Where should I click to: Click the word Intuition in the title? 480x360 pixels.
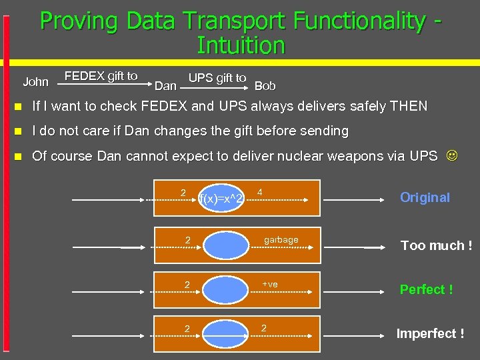coord(241,46)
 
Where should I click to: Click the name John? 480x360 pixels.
coord(35,82)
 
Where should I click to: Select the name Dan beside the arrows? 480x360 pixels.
coord(165,85)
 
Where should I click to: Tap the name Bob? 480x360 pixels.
coord(265,85)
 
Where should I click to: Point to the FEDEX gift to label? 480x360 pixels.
coord(101,76)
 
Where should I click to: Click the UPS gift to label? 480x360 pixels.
coord(217,78)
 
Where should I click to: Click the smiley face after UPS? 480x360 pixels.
coord(452,156)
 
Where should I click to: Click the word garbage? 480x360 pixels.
coord(281,240)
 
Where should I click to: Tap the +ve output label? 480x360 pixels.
coord(270,285)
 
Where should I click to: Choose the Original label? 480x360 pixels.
coord(425,197)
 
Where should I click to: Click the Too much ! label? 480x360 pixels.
coord(436,245)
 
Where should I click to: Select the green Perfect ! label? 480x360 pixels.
coord(426,289)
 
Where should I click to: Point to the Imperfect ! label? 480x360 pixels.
coord(430,333)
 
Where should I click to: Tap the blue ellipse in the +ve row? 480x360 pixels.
coord(224,289)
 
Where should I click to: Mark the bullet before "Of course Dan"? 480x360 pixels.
coord(18,157)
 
